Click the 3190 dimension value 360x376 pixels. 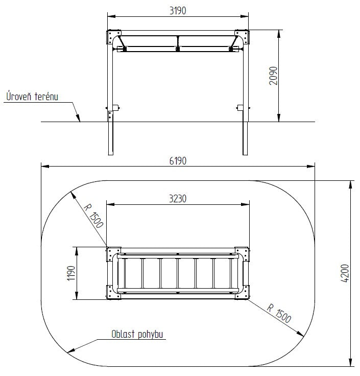pyautogui.click(x=178, y=11)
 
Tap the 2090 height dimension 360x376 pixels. pyautogui.click(x=273, y=76)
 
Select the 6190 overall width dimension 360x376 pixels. pyautogui.click(x=178, y=161)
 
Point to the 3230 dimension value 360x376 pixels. pyautogui.click(x=178, y=199)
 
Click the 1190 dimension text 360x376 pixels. pyautogui.click(x=71, y=273)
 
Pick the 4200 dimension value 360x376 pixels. pyautogui.click(x=345, y=273)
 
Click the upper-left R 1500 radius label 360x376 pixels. pyautogui.click(x=93, y=216)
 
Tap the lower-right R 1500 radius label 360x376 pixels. pyautogui.click(x=279, y=313)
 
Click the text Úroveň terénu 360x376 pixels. pyautogui.click(x=32, y=96)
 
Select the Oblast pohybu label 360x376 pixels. pyautogui.click(x=137, y=334)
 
